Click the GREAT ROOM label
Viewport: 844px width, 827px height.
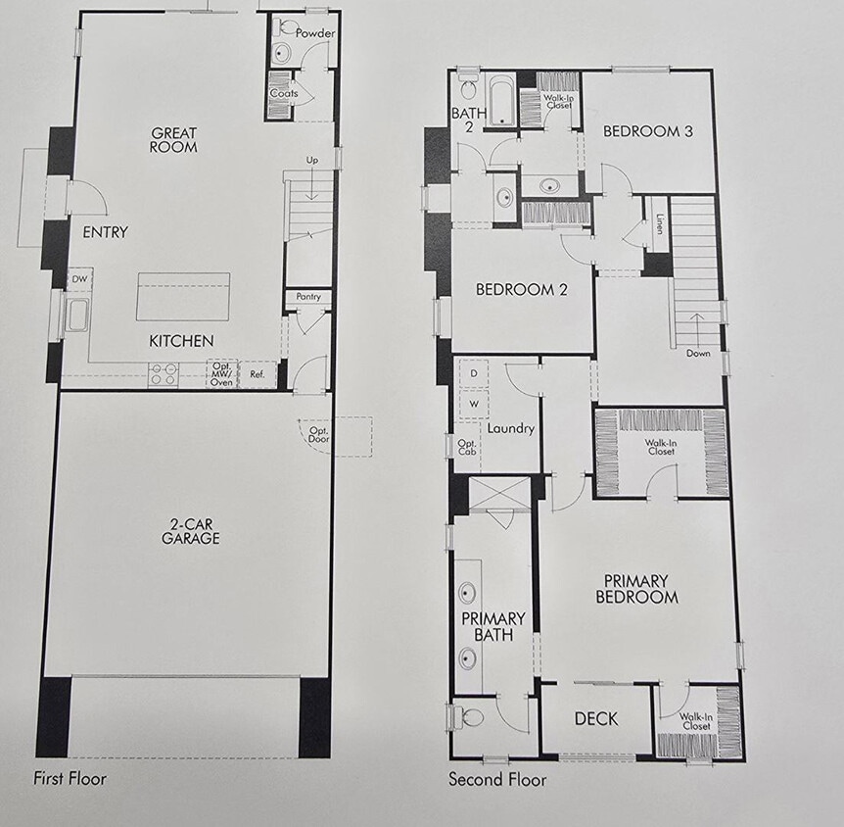[x=174, y=140]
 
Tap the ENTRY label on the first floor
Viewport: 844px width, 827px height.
[x=106, y=232]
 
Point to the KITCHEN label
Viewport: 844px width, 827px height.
[x=181, y=341]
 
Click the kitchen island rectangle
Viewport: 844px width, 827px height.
[x=183, y=296]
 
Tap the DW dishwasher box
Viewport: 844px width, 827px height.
[x=78, y=280]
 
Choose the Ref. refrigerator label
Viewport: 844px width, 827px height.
[x=258, y=373]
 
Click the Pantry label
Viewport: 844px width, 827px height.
[x=308, y=297]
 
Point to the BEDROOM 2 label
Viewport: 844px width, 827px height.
[x=521, y=289]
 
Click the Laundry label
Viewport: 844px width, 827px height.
[x=510, y=428]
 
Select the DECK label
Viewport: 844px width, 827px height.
[x=596, y=719]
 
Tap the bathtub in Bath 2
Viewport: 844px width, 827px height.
[x=502, y=101]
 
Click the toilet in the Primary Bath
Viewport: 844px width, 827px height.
[x=470, y=717]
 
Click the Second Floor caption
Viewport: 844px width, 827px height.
[x=497, y=780]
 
